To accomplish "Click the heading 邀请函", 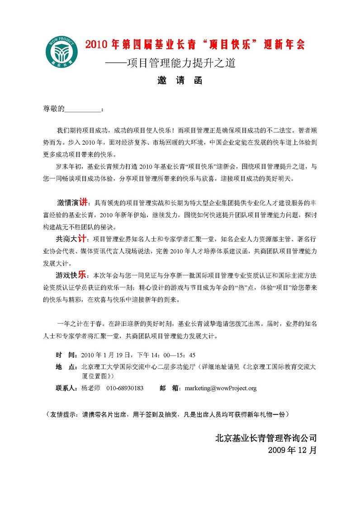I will pyautogui.click(x=180, y=81).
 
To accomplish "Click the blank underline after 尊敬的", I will pyautogui.click(x=84, y=109).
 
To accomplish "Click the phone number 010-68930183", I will pyautogui.click(x=125, y=388).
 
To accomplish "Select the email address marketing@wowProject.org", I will pyautogui.click(x=221, y=388).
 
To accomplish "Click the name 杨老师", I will pyautogui.click(x=91, y=388).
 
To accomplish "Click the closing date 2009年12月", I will pyautogui.click(x=292, y=450).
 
